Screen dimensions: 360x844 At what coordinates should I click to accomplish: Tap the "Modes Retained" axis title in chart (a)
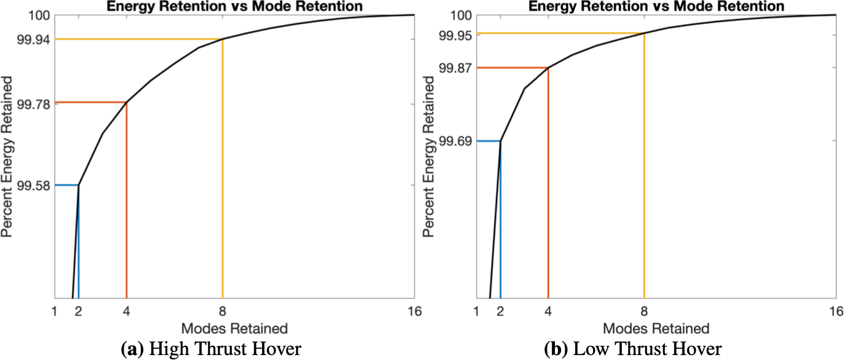click(x=234, y=327)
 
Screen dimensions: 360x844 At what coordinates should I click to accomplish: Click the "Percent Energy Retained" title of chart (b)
click(x=431, y=157)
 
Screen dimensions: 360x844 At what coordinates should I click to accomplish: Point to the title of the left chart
click(x=234, y=6)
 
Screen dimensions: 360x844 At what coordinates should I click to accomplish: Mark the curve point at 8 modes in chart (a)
click(x=222, y=39)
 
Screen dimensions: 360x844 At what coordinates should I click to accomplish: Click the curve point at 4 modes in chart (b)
click(x=547, y=68)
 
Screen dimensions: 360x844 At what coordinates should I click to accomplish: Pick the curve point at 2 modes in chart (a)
click(x=78, y=185)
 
